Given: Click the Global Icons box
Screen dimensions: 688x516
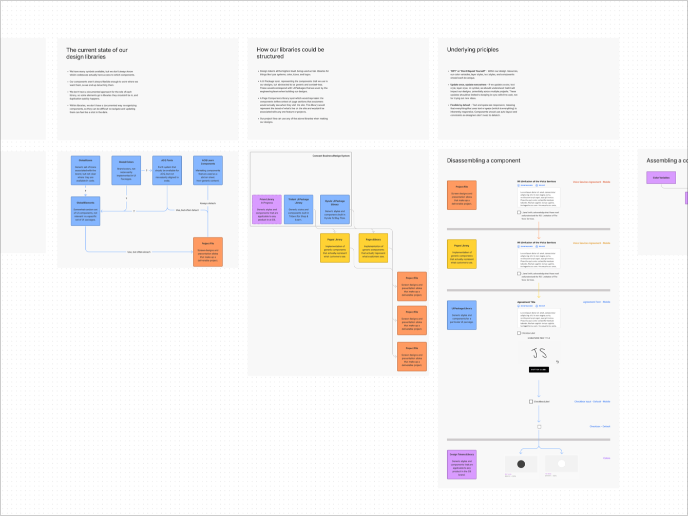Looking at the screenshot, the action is pyautogui.click(x=85, y=170).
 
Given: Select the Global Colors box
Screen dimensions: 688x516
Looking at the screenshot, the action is pyautogui.click(x=126, y=170).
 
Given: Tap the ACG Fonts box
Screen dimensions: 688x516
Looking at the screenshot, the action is pyautogui.click(x=167, y=170).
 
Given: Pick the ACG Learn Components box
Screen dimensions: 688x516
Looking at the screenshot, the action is pyautogui.click(x=208, y=170).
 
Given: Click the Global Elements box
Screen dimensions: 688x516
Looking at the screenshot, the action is pyautogui.click(x=85, y=210).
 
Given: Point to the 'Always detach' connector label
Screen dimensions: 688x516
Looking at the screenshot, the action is pyautogui.click(x=208, y=203).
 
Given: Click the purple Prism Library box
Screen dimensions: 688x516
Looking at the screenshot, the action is pyautogui.click(x=266, y=209).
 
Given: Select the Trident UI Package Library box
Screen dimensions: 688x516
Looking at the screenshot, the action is pyautogui.click(x=298, y=209).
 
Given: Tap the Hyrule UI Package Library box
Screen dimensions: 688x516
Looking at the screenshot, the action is pyautogui.click(x=335, y=209).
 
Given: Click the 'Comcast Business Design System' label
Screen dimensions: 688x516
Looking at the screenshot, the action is pyautogui.click(x=331, y=156).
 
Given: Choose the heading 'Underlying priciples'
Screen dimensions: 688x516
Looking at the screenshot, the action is pyautogui.click(x=472, y=50).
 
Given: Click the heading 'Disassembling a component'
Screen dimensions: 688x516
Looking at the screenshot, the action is pyautogui.click(x=483, y=161).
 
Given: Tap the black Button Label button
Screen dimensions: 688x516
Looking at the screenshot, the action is pyautogui.click(x=539, y=369).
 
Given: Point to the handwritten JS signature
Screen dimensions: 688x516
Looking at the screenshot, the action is pyautogui.click(x=539, y=353).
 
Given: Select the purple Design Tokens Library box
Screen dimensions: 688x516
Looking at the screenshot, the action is pyautogui.click(x=462, y=464).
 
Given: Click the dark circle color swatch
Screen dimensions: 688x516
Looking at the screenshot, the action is pyautogui.click(x=521, y=464).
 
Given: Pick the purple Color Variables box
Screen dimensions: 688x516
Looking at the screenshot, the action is pyautogui.click(x=661, y=178).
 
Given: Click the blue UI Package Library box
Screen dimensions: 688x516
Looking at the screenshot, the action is pyautogui.click(x=462, y=315).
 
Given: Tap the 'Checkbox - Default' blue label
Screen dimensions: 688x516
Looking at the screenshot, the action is pyautogui.click(x=600, y=426).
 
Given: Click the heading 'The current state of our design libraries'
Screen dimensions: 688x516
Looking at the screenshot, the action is pyautogui.click(x=97, y=53).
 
